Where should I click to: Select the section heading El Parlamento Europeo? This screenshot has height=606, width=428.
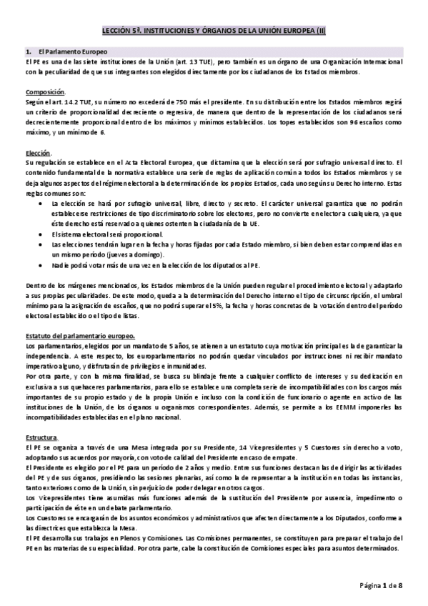coord(72,52)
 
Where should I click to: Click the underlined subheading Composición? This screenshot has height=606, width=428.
coord(45,92)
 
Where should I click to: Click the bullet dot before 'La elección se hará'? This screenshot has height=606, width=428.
coord(47,203)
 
